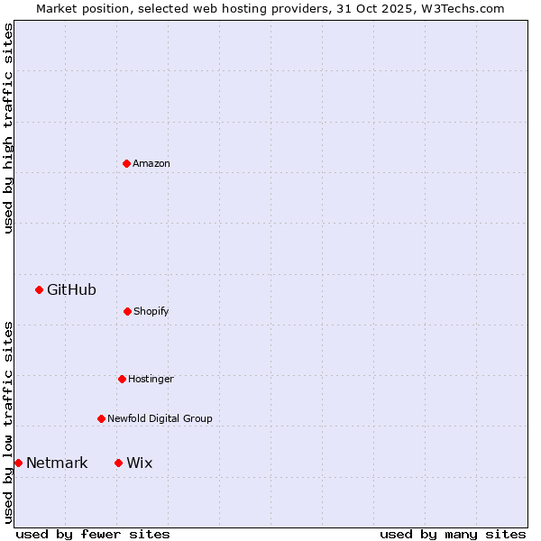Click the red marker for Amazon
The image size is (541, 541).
[x=126, y=163]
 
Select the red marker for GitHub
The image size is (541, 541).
[x=39, y=289]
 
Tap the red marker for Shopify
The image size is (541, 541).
[x=127, y=311]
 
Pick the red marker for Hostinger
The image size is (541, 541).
[x=122, y=379]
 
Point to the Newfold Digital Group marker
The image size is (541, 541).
[x=101, y=418]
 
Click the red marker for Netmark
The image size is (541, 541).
[x=18, y=463]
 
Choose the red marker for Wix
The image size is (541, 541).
[x=118, y=463]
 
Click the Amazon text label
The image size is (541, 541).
[x=151, y=163]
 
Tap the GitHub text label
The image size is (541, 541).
[x=71, y=289]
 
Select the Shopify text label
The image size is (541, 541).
[x=151, y=311]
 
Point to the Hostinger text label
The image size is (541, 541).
[x=151, y=379]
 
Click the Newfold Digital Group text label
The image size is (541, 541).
[x=160, y=418]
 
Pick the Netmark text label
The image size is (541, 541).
[x=57, y=463]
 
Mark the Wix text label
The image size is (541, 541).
[x=140, y=463]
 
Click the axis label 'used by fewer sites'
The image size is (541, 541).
[x=93, y=534]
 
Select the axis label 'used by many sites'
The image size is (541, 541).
[x=453, y=534]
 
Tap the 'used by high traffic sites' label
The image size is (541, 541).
[x=8, y=128]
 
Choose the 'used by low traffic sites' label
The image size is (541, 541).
[x=8, y=422]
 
